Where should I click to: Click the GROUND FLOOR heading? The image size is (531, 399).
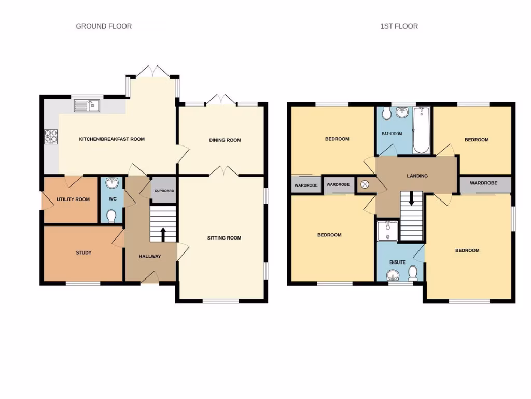coord(104,26)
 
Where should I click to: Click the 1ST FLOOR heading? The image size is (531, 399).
coord(399,26)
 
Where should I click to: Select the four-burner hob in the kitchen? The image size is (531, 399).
coord(51,136)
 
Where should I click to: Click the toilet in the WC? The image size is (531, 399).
coord(111,216)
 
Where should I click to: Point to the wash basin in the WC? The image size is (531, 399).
coord(111,183)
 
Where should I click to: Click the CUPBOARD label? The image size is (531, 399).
coord(164,191)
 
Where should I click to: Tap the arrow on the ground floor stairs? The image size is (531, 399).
coord(163,234)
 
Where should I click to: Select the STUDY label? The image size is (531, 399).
coord(83,253)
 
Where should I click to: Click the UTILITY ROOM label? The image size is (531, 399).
coord(73,199)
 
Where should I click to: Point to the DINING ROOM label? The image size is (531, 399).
coord(225,140)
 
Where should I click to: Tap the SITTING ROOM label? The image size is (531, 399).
coord(224,238)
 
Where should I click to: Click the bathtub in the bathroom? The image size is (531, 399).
coord(421,130)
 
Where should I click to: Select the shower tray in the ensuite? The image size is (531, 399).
coord(387,231)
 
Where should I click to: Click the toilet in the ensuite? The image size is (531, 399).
coord(413,273)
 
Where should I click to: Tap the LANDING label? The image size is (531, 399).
coord(417,176)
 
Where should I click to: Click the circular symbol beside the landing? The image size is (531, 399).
coord(365,184)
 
